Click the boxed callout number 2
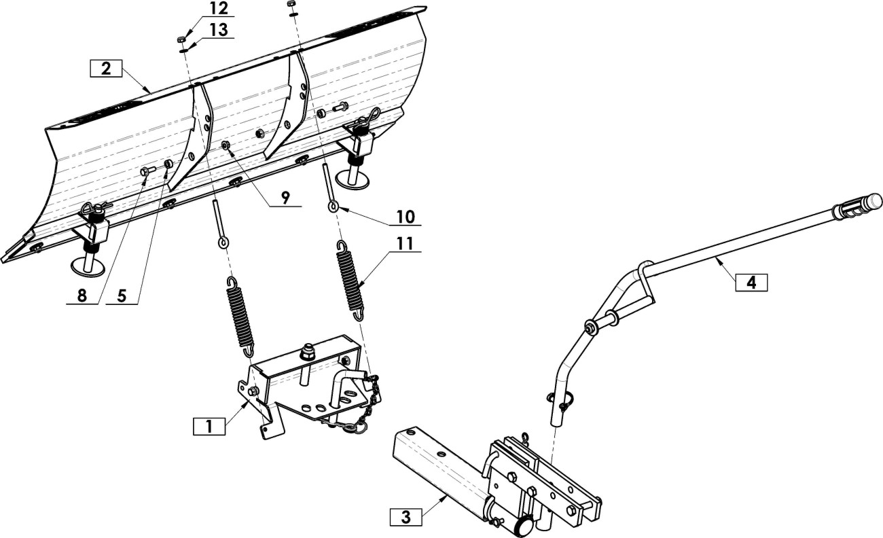point(106,68)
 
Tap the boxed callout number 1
point(209,427)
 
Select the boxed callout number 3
point(406,517)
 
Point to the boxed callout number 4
point(751,283)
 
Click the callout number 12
point(219,9)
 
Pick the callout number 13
point(219,30)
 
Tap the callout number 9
point(285,198)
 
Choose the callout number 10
point(406,217)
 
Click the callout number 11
point(405,244)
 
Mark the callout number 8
point(82,295)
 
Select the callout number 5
point(122,295)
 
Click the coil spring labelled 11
point(350,281)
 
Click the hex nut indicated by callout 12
point(182,39)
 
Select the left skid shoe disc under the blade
point(88,267)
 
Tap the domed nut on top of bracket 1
point(306,353)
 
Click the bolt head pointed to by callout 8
point(145,171)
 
